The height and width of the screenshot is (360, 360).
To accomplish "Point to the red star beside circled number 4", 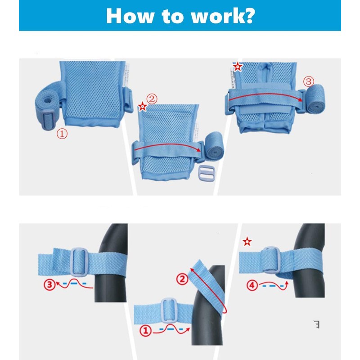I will pyautogui.click(x=247, y=242).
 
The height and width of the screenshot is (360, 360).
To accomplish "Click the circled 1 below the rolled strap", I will pyautogui.click(x=62, y=134).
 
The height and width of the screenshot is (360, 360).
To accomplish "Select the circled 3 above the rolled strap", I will pyautogui.click(x=308, y=81).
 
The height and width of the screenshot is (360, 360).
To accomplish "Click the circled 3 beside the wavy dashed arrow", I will pyautogui.click(x=50, y=284).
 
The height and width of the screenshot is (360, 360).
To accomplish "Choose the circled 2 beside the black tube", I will pyautogui.click(x=182, y=279).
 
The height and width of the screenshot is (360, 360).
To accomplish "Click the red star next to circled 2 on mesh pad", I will pyautogui.click(x=142, y=107).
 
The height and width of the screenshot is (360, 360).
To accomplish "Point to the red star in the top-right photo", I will pyautogui.click(x=237, y=66).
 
